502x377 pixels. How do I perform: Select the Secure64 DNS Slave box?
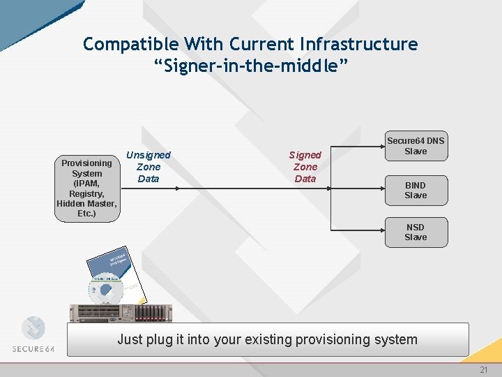click(416, 146)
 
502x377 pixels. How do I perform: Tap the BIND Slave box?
click(416, 190)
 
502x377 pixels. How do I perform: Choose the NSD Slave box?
click(416, 232)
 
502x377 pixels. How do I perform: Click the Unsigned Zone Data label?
click(148, 167)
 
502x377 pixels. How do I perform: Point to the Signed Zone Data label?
click(305, 167)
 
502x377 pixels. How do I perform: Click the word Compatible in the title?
click(130, 44)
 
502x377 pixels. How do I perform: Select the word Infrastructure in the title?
click(358, 44)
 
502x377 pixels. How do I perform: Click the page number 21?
click(483, 370)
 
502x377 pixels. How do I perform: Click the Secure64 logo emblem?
click(33, 328)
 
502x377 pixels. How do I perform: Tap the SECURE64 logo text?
click(38, 348)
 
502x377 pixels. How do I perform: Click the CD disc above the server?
click(105, 292)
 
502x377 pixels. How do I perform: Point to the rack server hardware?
click(119, 312)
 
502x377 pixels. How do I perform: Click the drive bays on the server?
click(149, 312)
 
